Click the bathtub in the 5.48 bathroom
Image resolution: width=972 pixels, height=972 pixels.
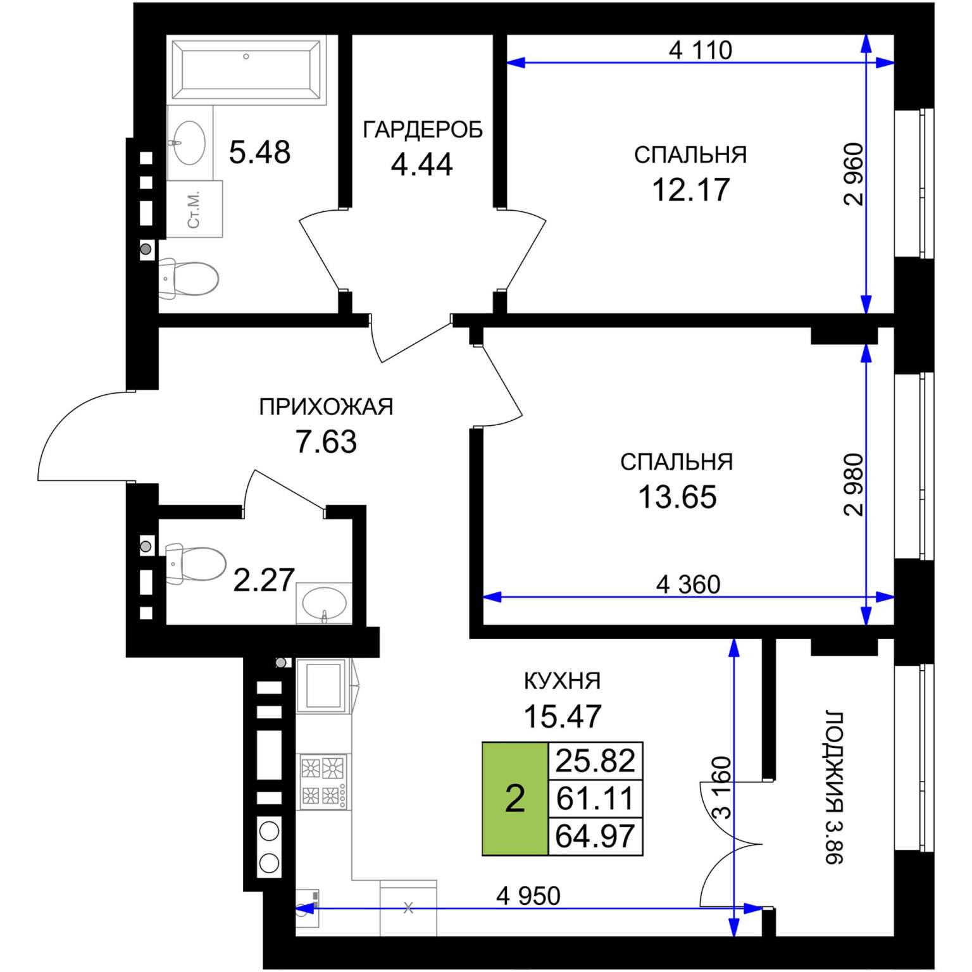pyautogui.click(x=246, y=69)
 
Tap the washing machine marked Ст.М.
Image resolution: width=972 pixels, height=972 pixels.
pyautogui.click(x=195, y=209)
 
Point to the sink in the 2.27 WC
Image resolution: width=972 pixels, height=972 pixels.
pyautogui.click(x=324, y=603)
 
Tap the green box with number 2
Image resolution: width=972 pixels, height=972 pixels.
pyautogui.click(x=515, y=799)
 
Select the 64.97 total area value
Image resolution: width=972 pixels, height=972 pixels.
pyautogui.click(x=595, y=837)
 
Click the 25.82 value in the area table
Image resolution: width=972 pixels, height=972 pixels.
pyautogui.click(x=595, y=761)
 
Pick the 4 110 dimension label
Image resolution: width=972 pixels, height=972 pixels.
pyautogui.click(x=701, y=50)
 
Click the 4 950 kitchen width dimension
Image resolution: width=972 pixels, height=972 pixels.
pyautogui.click(x=528, y=895)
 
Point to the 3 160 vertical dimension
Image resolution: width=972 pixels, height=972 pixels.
pyautogui.click(x=722, y=788)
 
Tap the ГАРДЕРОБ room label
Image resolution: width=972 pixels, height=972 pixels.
pyautogui.click(x=423, y=130)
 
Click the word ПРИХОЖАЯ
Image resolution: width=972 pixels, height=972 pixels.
pyautogui.click(x=326, y=407)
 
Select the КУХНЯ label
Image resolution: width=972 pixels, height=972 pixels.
pyautogui.click(x=563, y=681)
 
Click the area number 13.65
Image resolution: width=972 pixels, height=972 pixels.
pyautogui.click(x=677, y=497)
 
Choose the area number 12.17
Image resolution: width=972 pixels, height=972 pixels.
pyautogui.click(x=690, y=189)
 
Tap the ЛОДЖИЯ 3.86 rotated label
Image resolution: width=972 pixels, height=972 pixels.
pyautogui.click(x=835, y=788)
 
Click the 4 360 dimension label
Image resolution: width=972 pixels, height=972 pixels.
pyautogui.click(x=688, y=584)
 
